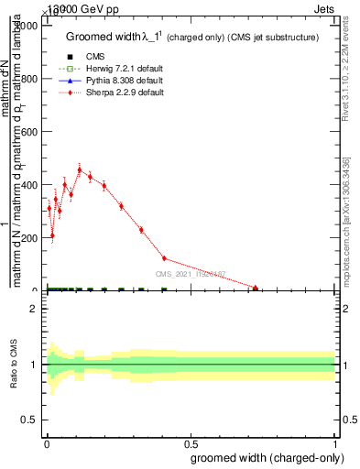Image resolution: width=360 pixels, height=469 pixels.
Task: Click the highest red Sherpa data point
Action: [x=80, y=169]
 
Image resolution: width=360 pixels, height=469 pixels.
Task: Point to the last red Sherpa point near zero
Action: [x=256, y=288]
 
